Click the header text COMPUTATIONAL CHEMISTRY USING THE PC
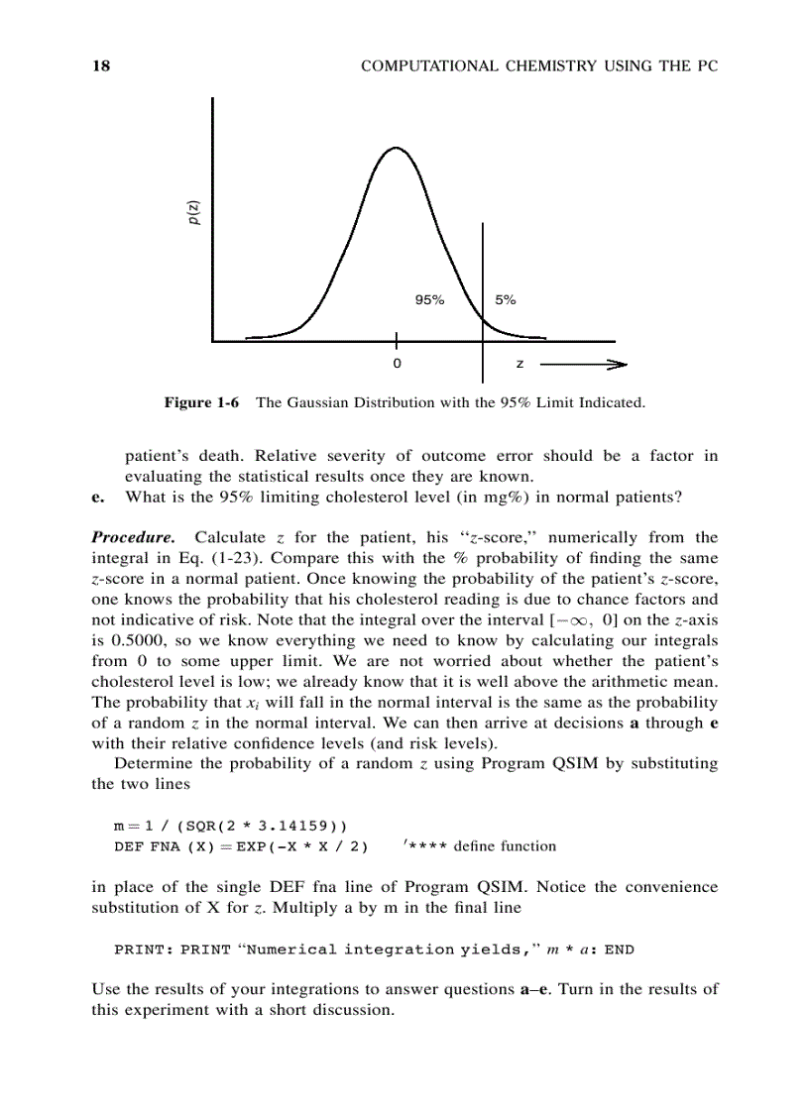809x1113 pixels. pos(538,66)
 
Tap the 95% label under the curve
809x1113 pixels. pos(429,300)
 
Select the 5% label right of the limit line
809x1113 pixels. pos(505,300)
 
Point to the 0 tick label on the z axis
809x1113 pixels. pos(397,365)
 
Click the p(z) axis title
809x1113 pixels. pos(195,213)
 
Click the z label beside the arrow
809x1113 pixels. pos(520,365)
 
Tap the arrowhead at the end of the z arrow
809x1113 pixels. pos(621,365)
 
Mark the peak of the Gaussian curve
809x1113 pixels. pos(396,148)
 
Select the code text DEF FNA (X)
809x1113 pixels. pos(160,846)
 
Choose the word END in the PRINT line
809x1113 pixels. pos(619,949)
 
